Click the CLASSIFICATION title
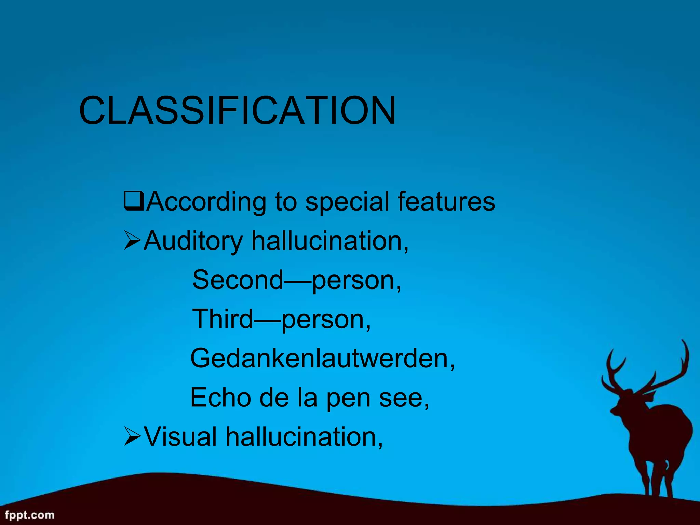[x=237, y=111]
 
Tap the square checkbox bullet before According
[x=134, y=201]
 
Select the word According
[x=207, y=202]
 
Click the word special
[x=347, y=202]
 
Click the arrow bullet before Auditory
[x=132, y=240]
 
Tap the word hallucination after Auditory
[x=329, y=241]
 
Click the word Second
[x=238, y=280]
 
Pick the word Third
[x=223, y=319]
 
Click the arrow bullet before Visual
[x=132, y=436]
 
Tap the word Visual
[x=180, y=437]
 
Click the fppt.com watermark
[x=30, y=515]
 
